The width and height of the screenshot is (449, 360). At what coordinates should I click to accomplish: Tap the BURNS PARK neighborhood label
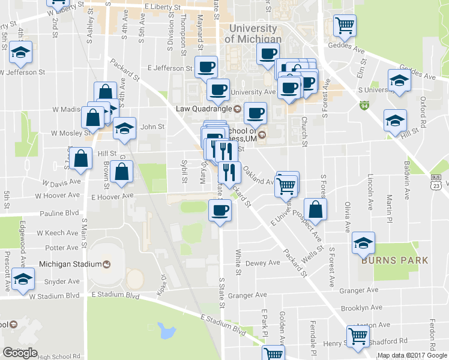point(394,260)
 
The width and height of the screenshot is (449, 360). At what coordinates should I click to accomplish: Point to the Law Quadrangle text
point(203,109)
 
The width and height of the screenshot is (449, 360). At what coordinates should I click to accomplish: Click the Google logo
point(20,353)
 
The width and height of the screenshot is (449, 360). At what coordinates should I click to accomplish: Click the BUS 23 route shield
point(437,182)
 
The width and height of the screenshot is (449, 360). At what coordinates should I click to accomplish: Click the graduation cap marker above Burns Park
point(363,242)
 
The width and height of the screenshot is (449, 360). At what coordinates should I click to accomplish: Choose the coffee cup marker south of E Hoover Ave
point(219,211)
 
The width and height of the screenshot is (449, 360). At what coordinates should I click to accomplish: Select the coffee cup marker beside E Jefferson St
point(206,67)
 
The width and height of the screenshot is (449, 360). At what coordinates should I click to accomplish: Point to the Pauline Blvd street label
point(59,213)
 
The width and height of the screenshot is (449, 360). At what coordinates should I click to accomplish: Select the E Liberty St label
point(163,7)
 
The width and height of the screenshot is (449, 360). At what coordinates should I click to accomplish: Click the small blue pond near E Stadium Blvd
point(166,329)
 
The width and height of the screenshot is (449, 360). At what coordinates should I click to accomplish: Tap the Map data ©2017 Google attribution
point(412,355)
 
